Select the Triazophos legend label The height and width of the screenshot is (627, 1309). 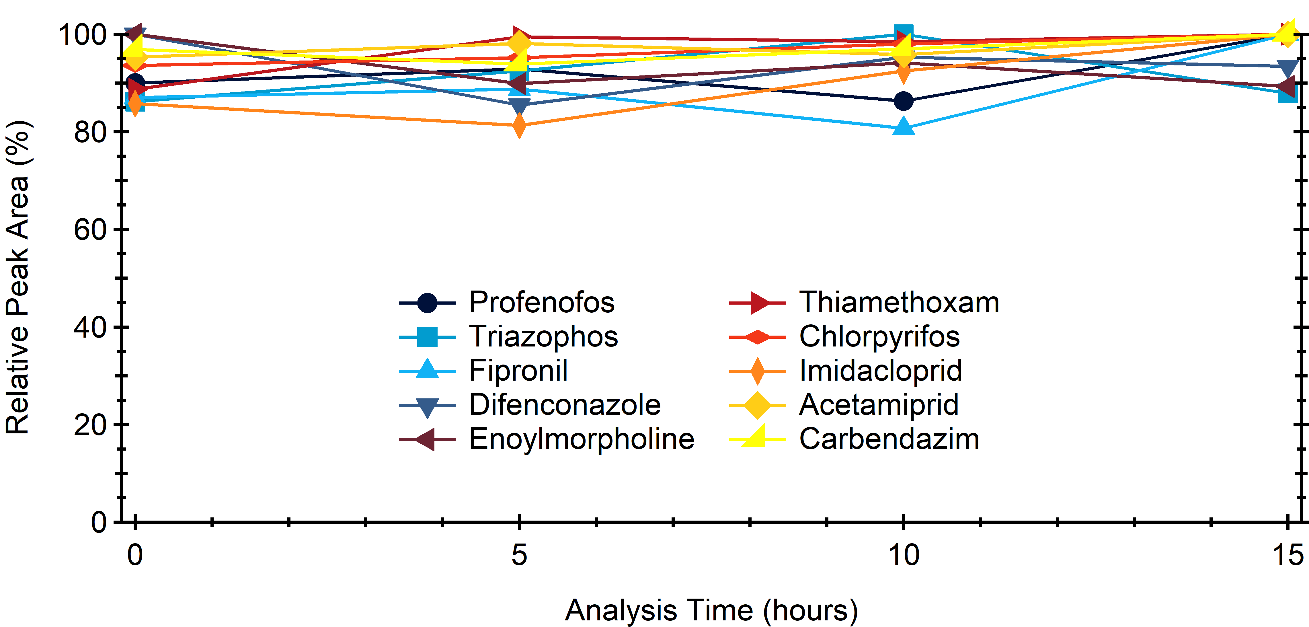tap(543, 336)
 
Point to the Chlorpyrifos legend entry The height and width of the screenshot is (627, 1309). tap(879, 336)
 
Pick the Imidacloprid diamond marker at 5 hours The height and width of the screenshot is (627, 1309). tap(519, 125)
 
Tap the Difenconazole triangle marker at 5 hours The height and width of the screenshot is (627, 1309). tap(519, 105)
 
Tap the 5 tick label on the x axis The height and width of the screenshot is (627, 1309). tap(519, 554)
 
